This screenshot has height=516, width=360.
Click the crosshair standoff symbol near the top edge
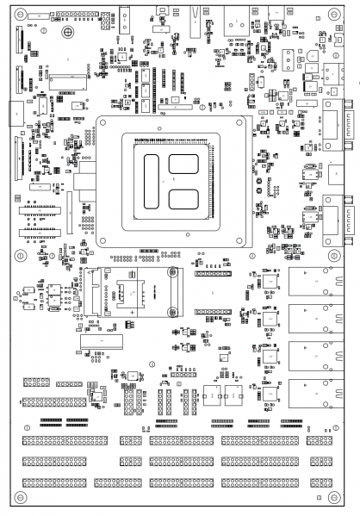click(67, 32)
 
